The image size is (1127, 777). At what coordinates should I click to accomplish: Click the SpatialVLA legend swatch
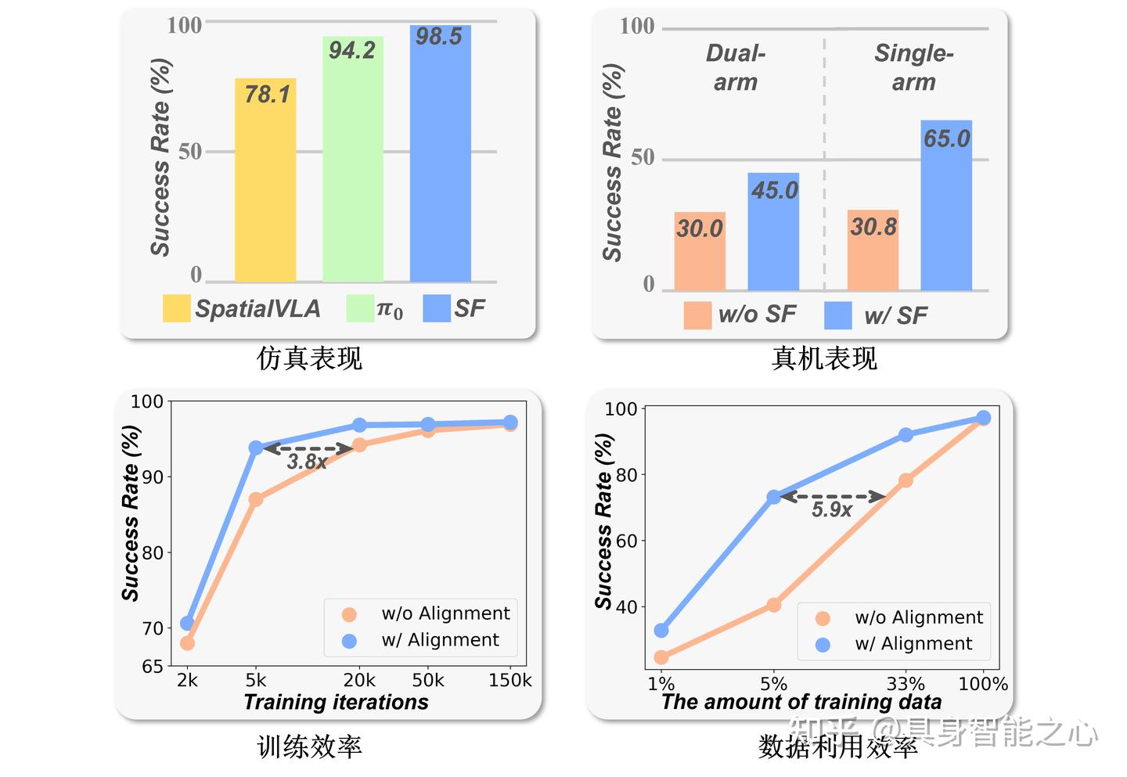point(176,308)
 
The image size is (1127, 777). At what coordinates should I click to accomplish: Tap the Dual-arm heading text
point(735,67)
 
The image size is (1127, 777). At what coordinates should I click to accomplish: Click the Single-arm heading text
point(913,67)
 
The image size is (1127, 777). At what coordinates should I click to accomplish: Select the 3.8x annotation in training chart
point(307,462)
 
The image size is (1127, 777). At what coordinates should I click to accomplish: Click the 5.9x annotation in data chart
point(831,510)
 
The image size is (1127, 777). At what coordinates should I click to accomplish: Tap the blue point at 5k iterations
point(256,448)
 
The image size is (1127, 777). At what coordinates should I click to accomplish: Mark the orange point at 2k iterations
point(187,643)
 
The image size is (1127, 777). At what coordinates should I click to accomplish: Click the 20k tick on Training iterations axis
point(359,681)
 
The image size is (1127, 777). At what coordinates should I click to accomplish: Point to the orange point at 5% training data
point(773,605)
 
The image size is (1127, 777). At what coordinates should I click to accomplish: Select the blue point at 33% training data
point(906,435)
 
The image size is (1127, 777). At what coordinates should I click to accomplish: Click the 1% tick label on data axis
point(661,684)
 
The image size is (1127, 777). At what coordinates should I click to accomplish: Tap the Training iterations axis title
point(336,703)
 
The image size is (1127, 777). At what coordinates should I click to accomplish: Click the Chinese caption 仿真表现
point(309,358)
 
